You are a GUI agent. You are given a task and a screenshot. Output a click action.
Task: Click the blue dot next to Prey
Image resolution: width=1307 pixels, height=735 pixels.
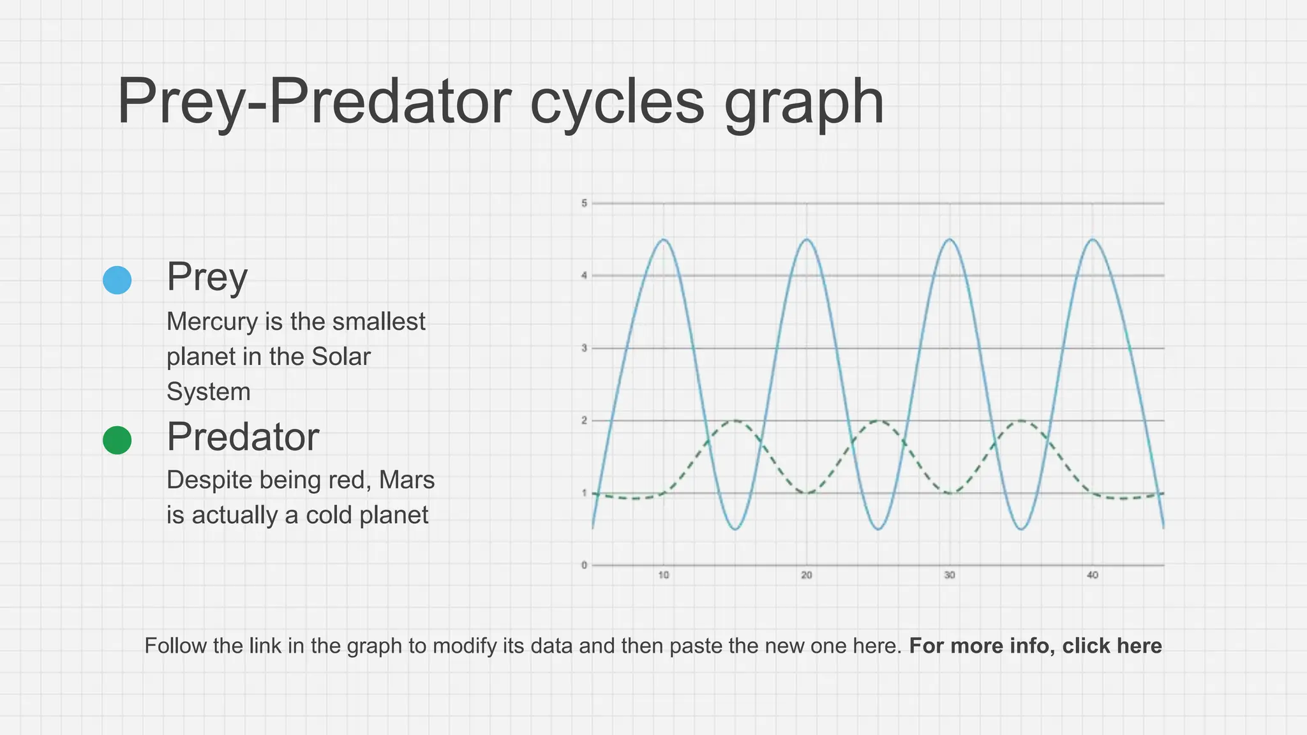pos(117,280)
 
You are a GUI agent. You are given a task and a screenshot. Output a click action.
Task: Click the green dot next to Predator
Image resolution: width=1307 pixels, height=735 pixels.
pos(117,440)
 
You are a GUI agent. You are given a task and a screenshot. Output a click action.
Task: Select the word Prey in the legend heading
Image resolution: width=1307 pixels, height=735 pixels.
pos(207,278)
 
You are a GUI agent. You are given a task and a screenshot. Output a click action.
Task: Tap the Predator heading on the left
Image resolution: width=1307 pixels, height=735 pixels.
pos(243,437)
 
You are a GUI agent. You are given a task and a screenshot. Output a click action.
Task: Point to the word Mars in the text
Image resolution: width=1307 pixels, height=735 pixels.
pos(407,480)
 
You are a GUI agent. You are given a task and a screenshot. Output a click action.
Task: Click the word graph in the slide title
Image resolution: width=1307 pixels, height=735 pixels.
pos(803,102)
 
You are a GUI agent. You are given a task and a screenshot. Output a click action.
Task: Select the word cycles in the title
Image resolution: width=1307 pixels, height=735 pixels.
pos(616,102)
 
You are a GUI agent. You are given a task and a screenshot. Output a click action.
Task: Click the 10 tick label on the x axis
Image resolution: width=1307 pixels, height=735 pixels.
pos(664,575)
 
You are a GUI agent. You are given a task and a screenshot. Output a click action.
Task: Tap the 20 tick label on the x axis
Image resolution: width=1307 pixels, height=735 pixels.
pos(807,575)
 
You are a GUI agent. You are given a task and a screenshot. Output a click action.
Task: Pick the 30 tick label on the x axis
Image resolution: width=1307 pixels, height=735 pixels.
pos(950,575)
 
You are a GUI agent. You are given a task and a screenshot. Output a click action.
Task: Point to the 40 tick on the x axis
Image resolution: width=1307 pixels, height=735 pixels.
pos(1093,575)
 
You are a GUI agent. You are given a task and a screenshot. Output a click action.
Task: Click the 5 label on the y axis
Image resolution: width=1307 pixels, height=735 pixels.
pos(584,204)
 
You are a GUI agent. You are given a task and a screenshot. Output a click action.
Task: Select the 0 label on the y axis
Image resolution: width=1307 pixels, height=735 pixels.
pos(584,565)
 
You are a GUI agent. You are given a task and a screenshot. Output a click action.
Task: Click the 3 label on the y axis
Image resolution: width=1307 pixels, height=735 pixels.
pos(584,348)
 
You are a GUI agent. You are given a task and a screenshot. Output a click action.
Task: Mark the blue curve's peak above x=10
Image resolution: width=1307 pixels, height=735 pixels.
pos(664,240)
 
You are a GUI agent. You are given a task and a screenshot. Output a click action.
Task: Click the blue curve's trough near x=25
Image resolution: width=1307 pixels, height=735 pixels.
pos(879,529)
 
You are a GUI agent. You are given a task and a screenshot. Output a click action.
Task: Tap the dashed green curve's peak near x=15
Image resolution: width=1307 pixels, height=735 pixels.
pos(736,421)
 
